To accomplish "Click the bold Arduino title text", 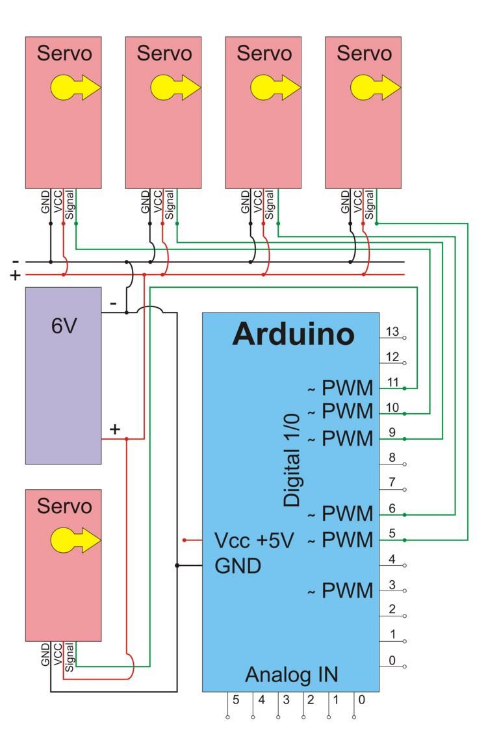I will pyautogui.click(x=293, y=334).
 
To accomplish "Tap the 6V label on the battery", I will pyautogui.click(x=64, y=326).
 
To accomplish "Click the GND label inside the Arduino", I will pyautogui.click(x=238, y=566).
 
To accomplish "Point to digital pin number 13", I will pyautogui.click(x=392, y=332).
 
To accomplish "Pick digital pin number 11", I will pyautogui.click(x=392, y=382).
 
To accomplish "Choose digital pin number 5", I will pyautogui.click(x=392, y=534).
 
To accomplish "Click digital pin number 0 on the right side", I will pyautogui.click(x=392, y=661).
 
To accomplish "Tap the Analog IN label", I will pyautogui.click(x=291, y=675).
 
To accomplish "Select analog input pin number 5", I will pyautogui.click(x=237, y=700).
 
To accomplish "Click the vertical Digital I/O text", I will pyautogui.click(x=293, y=460).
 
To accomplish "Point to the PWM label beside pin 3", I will pyautogui.click(x=348, y=591).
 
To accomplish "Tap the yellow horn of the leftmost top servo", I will pyautogui.click(x=75, y=87).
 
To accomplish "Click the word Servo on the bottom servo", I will pyautogui.click(x=64, y=506).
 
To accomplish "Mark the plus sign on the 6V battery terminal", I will pyautogui.click(x=115, y=429).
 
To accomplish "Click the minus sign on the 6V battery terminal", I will pyautogui.click(x=112, y=303).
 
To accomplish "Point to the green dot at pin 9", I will pyautogui.click(x=405, y=439).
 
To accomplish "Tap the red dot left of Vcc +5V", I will pyautogui.click(x=185, y=540).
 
